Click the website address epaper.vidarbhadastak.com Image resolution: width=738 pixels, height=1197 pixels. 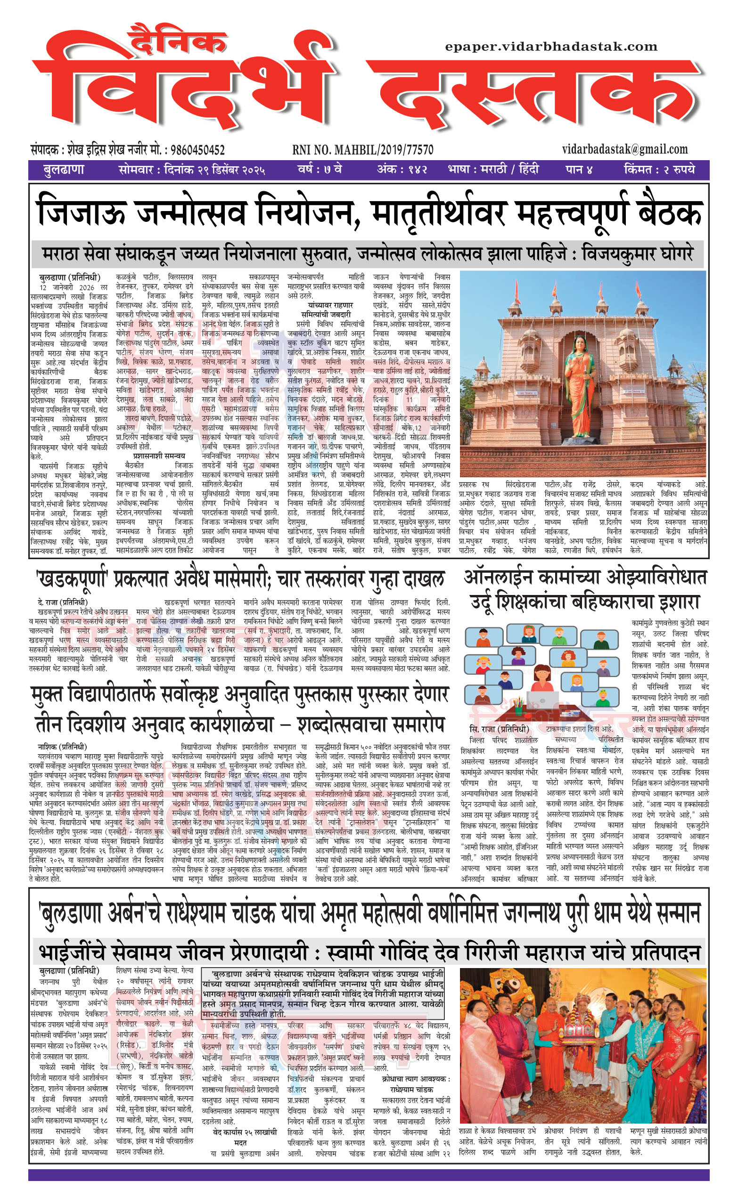[x=551, y=47]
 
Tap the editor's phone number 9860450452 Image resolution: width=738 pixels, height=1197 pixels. [x=195, y=150]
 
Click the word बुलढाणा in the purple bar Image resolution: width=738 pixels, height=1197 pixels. [x=64, y=170]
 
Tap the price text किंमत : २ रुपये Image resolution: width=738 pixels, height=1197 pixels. [x=659, y=170]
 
